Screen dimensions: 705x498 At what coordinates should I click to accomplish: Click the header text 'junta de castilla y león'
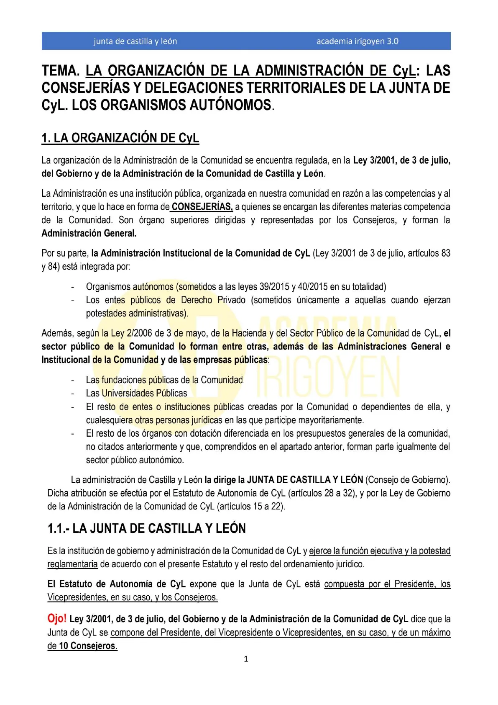pos(135,41)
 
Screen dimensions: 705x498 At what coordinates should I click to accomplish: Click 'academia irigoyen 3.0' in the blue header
pos(357,41)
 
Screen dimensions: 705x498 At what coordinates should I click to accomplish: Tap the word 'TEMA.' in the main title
pos(60,71)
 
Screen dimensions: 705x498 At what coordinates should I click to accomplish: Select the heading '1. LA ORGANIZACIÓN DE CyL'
pos(120,138)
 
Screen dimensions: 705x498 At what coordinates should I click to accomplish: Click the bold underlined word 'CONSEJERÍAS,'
pos(202,206)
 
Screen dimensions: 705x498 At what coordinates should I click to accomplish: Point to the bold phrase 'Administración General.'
pos(89,233)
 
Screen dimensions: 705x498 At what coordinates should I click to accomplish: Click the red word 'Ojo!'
pos(57,618)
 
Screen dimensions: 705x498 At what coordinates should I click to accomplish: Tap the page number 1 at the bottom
pos(246,659)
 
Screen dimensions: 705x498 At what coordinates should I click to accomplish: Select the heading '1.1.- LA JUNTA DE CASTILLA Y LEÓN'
pos(146,528)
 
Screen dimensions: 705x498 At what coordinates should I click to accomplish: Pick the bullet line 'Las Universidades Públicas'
pos(136,393)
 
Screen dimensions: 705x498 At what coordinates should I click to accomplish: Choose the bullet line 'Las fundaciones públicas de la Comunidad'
pos(164,380)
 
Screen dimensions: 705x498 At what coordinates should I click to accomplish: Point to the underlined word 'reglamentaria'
pos(72,564)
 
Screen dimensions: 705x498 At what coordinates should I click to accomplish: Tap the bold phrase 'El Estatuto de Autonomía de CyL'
pos(116,584)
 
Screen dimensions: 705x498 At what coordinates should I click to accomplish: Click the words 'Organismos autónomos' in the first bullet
pos(130,287)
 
